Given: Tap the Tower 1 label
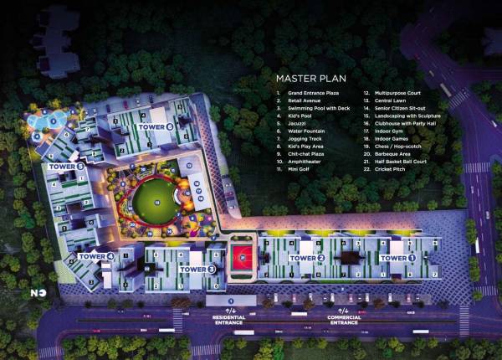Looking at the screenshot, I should [397, 259].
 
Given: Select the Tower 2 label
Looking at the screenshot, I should [306, 259].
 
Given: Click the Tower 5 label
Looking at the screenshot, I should [67, 167].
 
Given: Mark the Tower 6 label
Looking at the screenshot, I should [156, 126].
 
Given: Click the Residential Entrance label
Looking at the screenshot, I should [228, 319].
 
